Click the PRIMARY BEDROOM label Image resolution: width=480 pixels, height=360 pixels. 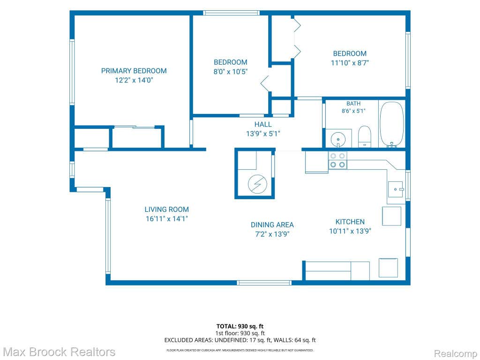134,71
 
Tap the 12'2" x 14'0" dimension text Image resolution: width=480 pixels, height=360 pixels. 134,80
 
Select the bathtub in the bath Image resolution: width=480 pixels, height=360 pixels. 392,125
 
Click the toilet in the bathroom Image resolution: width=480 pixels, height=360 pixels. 364,136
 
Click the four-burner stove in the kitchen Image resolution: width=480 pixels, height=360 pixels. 337,160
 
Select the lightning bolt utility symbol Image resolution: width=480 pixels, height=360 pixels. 257,184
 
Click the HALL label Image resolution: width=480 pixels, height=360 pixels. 263,124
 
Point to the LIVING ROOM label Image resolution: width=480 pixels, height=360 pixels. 166,210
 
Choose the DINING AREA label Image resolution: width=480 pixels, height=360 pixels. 272,225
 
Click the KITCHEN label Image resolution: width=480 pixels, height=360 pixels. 350,222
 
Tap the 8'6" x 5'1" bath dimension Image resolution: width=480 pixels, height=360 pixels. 353,111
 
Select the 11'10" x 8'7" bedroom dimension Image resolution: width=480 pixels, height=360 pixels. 350,63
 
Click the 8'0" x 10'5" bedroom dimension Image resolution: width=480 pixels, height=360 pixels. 231,72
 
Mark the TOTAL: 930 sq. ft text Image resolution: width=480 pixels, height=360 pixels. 240,326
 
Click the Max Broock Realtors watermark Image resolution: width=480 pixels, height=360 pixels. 59,352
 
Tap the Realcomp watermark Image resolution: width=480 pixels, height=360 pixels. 455,353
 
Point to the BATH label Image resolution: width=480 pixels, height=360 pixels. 353,104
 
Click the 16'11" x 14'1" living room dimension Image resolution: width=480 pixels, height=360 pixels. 166,218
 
